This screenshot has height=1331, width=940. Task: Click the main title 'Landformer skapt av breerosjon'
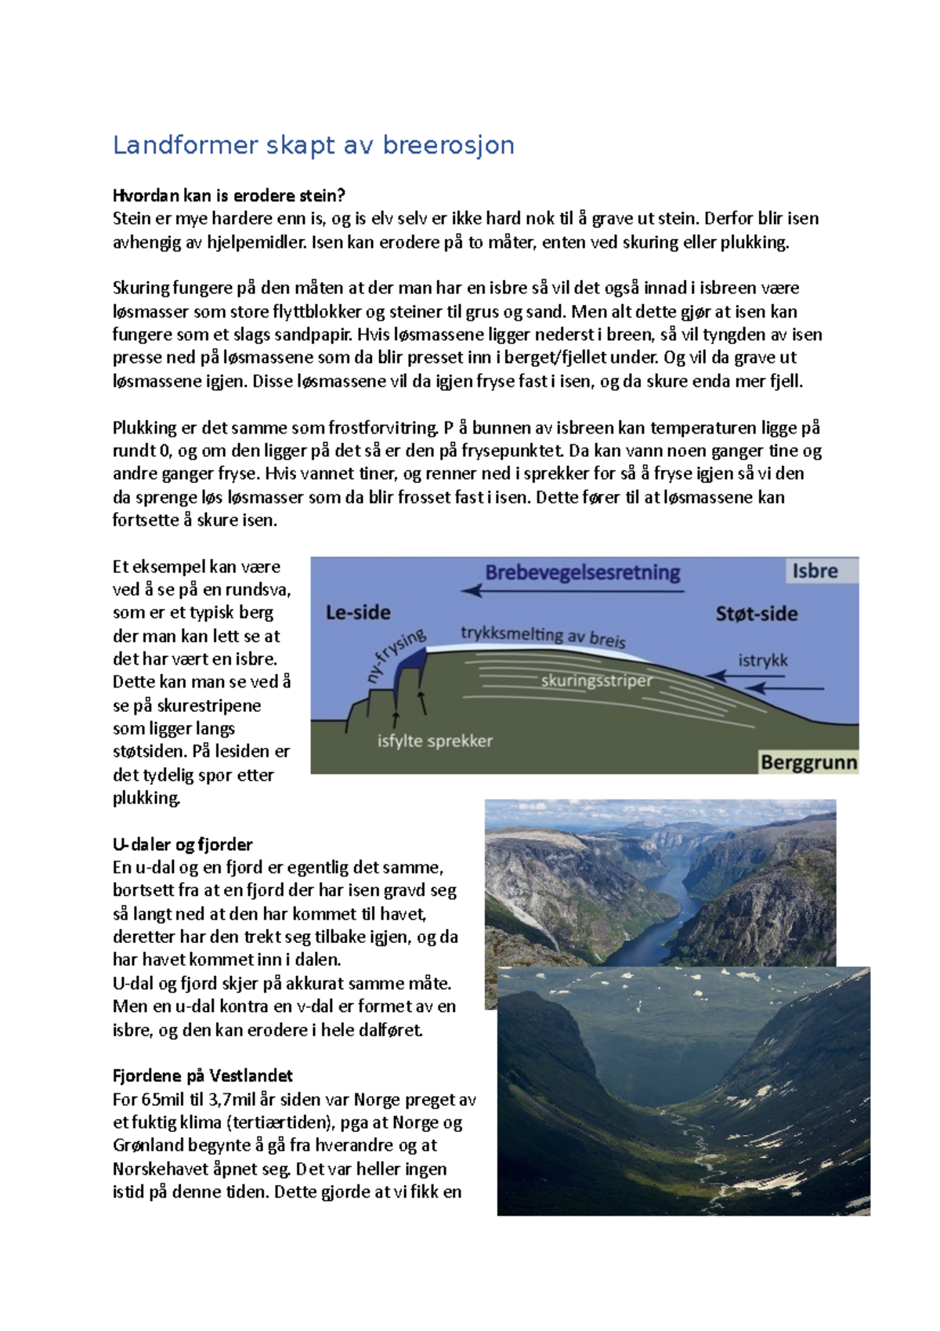[x=313, y=145]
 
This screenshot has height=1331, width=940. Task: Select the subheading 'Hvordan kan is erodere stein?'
[x=229, y=195]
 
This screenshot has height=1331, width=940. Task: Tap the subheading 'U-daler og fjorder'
[x=183, y=844]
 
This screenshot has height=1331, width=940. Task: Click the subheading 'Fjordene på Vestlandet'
[x=202, y=1075]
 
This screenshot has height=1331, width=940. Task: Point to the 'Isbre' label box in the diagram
[x=815, y=571]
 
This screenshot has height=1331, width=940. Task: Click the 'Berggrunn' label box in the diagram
[x=808, y=762]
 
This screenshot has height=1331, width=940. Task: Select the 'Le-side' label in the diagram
[x=358, y=612]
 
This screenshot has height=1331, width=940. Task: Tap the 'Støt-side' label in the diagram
[x=757, y=614]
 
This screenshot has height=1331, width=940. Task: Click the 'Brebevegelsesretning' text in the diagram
[x=583, y=572]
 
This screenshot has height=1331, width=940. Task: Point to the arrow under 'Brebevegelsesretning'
[x=572, y=591]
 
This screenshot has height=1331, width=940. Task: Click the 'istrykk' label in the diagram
[x=762, y=660]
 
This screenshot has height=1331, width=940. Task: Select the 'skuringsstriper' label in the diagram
[x=596, y=680]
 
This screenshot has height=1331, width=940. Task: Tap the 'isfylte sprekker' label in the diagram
[x=435, y=741]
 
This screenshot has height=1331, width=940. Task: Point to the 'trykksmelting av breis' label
[x=543, y=636]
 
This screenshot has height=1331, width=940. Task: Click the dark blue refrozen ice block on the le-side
[x=409, y=670]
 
